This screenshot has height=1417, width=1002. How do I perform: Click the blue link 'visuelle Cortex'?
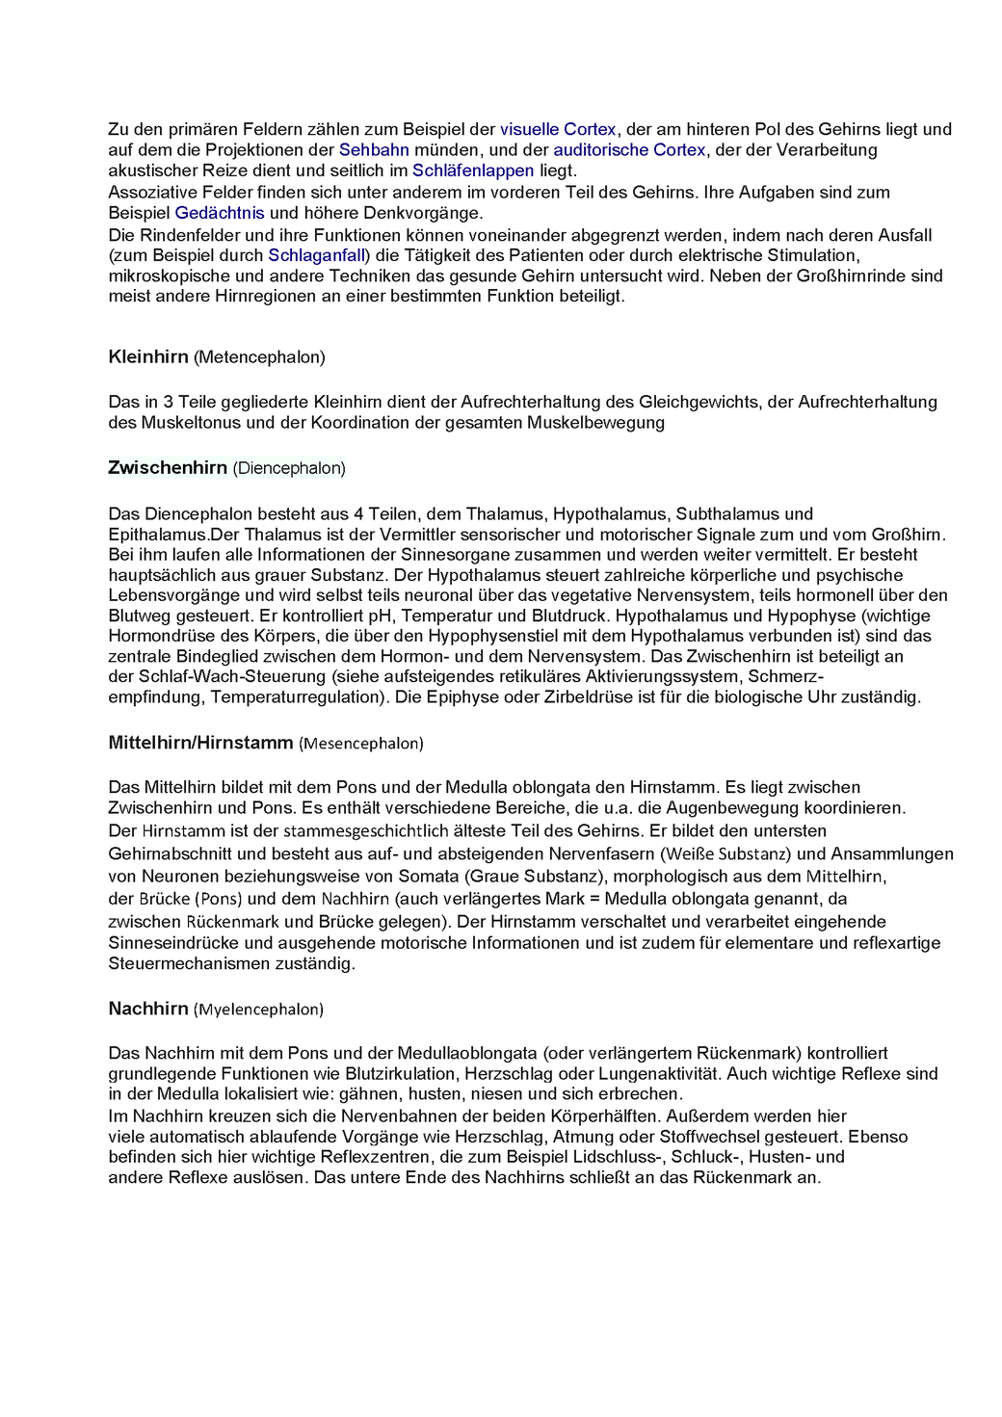pos(558,129)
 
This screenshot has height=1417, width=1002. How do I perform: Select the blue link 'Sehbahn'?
pos(374,149)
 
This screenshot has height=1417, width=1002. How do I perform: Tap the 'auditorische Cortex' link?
pos(629,149)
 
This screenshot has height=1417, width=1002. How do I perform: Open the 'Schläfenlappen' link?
pos(472,171)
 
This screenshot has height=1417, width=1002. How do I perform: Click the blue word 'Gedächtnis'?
pos(220,213)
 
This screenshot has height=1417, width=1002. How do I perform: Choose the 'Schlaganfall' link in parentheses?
pos(316,255)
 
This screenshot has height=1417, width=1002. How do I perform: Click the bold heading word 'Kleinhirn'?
pos(148,356)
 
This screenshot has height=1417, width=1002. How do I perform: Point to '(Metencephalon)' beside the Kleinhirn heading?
pos(259,357)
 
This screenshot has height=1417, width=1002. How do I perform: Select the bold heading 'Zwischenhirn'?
pos(168,467)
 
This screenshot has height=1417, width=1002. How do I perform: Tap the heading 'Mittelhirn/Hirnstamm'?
pos(200,743)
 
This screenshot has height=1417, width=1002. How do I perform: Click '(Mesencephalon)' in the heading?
pos(360,744)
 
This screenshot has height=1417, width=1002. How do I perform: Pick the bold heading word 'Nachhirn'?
pos(148,1009)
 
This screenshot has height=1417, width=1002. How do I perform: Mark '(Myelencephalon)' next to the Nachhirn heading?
pos(258,1010)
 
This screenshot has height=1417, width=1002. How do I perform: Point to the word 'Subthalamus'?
pos(721,513)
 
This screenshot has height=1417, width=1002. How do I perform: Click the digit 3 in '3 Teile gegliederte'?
pos(169,402)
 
